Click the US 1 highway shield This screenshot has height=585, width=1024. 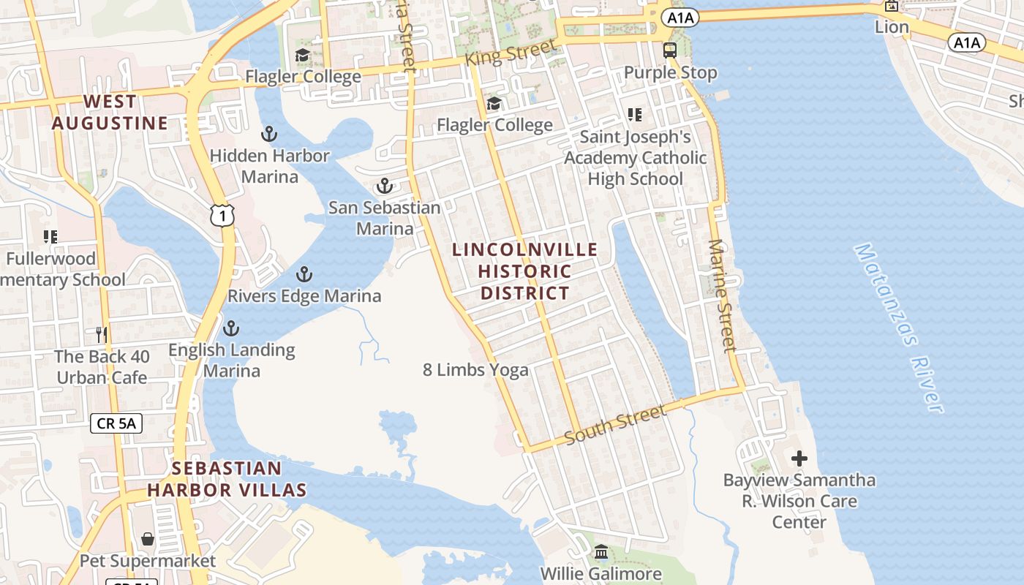(222, 215)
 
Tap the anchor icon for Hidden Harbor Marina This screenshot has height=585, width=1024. (269, 134)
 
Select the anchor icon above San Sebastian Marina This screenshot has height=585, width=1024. (385, 186)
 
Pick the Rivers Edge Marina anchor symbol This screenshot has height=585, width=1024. (304, 275)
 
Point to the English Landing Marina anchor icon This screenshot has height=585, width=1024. (231, 328)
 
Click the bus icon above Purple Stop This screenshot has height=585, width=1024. (670, 50)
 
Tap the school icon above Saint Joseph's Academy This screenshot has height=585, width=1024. (635, 115)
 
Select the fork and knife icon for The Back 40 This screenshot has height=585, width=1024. (102, 335)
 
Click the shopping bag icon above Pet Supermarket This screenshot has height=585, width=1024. (148, 539)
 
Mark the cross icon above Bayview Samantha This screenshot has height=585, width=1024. (799, 458)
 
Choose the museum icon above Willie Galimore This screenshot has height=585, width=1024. (601, 552)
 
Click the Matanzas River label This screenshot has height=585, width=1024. (899, 328)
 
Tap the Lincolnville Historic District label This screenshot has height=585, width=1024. (524, 271)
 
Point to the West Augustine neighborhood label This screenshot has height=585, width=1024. (110, 112)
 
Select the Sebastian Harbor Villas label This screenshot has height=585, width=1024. (227, 479)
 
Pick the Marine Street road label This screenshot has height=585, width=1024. (722, 295)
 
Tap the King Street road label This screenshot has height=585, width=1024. (511, 54)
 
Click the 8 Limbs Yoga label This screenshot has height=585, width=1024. (475, 370)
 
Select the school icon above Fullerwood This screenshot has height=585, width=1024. (50, 237)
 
